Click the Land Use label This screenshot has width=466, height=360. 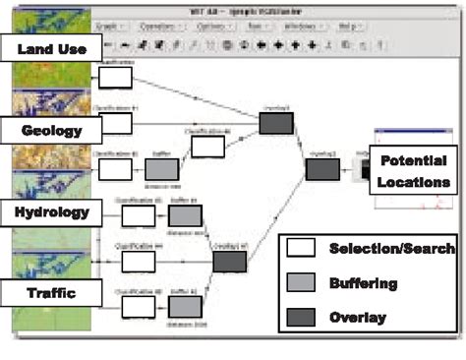coord(50,47)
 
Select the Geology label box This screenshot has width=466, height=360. coord(50,129)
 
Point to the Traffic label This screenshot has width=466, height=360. coord(50,292)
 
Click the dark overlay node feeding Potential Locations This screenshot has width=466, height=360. coord(322,169)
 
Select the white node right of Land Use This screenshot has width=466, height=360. coord(115,78)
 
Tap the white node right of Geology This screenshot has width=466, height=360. coord(115,123)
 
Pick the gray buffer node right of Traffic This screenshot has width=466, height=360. coord(185,306)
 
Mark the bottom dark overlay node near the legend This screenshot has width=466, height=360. coord(229,261)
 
